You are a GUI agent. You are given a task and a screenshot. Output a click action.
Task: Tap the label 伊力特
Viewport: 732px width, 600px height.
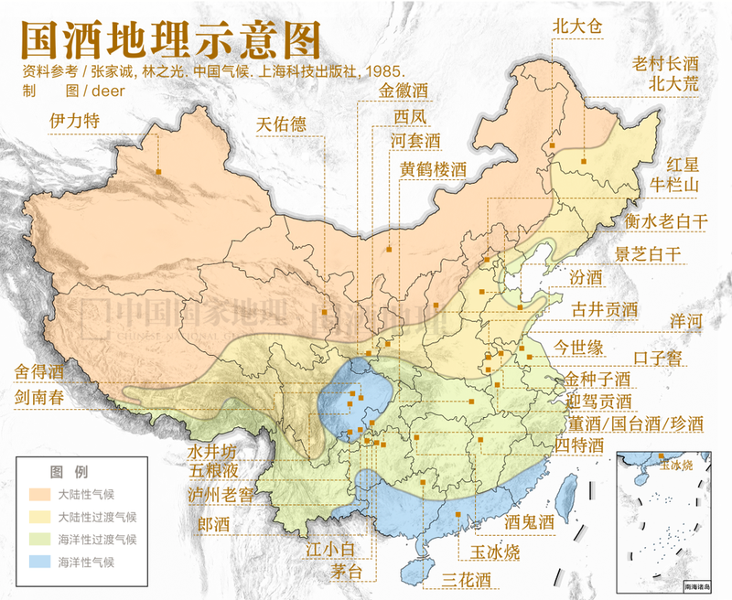(x=74, y=121)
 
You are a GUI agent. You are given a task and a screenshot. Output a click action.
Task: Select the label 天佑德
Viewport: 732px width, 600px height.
(x=281, y=124)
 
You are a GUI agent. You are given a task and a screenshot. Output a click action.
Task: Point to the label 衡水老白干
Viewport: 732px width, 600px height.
(x=667, y=220)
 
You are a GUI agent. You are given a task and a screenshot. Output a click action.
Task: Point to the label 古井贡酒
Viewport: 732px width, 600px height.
(x=603, y=309)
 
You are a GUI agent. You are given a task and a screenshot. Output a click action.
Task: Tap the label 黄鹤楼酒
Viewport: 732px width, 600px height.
(x=433, y=169)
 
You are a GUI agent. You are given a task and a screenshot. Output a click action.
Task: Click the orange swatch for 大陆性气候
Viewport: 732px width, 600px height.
(x=37, y=494)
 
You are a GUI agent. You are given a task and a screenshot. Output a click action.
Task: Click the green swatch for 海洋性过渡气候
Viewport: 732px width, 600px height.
(x=37, y=539)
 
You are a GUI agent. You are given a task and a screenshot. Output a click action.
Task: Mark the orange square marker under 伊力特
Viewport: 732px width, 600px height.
(x=157, y=171)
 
